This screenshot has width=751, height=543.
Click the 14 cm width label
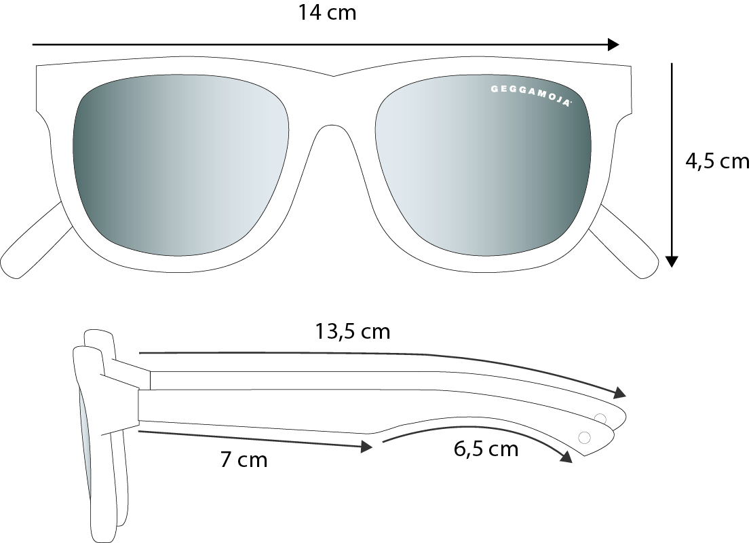(x=327, y=12)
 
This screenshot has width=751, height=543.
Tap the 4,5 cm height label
(x=717, y=162)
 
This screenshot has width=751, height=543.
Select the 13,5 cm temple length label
(x=353, y=332)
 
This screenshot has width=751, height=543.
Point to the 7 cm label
(x=244, y=460)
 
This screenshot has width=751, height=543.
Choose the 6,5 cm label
(x=486, y=449)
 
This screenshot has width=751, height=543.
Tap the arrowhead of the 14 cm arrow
(x=613, y=45)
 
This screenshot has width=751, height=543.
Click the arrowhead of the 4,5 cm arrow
(x=672, y=261)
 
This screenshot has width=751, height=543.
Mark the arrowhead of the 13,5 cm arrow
(x=620, y=392)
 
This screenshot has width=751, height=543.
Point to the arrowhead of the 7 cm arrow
(x=367, y=447)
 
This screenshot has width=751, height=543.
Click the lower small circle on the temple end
(x=584, y=437)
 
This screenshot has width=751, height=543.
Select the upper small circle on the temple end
(x=600, y=418)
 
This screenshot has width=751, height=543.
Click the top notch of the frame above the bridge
(x=334, y=76)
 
